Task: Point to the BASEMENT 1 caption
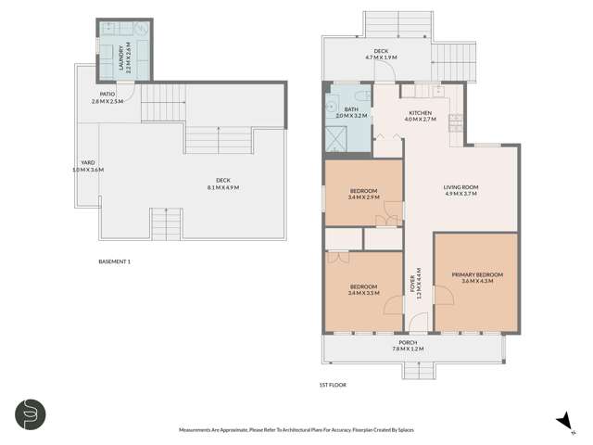tap(114, 261)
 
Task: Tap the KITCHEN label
tap(422, 113)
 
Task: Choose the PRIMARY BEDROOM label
tap(477, 274)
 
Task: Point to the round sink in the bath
tap(333, 105)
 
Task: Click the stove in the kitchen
tap(455, 121)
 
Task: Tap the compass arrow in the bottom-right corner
tap(562, 420)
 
